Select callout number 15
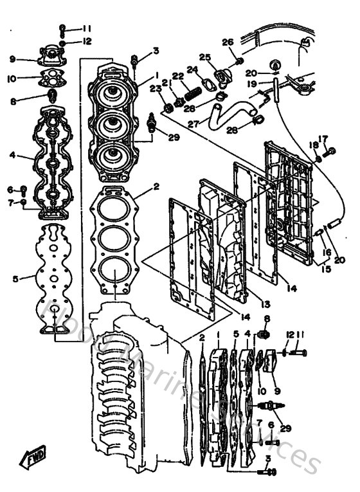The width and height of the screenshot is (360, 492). pos(327,269)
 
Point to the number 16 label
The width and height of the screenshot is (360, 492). pos(326,252)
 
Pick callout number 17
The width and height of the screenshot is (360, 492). pos(323,138)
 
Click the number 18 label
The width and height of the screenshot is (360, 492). pos(313,145)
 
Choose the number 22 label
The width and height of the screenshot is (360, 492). pos(178,76)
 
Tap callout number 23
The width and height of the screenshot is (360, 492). pos(154,88)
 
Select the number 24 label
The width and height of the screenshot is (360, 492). pos(192,69)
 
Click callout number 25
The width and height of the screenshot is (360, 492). pos(204,57)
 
